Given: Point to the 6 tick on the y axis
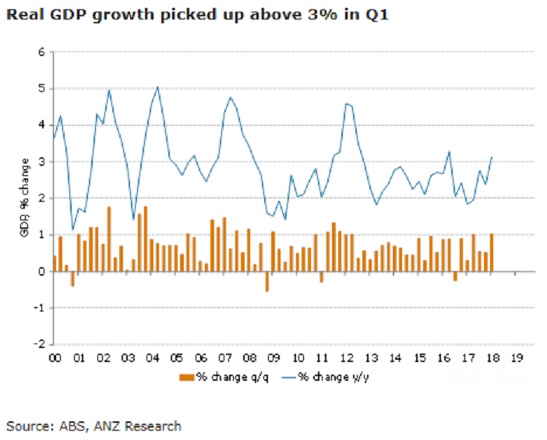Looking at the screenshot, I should click(x=41, y=52).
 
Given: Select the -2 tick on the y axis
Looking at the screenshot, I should click(x=38, y=344).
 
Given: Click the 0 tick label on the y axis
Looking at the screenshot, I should click(x=41, y=271).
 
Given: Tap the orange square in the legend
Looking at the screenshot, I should click(x=185, y=378).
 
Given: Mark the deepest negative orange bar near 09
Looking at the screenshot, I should click(x=266, y=281).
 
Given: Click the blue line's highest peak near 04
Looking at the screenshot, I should click(x=158, y=86).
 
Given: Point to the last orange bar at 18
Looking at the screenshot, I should click(x=491, y=252).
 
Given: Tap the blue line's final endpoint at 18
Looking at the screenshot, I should click(x=492, y=157).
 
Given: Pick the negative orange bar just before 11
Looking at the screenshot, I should click(x=321, y=276).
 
